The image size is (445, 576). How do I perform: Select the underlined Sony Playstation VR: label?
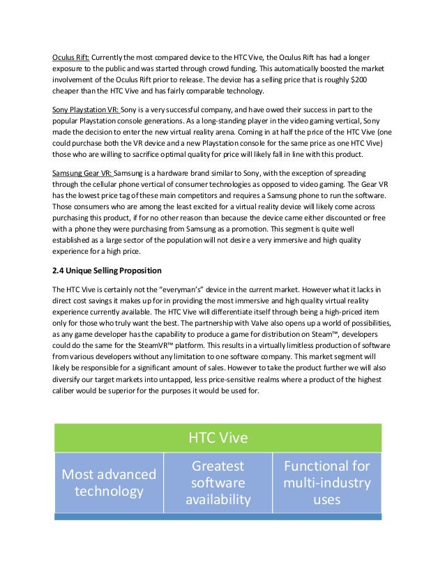86,110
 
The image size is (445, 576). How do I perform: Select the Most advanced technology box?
109,483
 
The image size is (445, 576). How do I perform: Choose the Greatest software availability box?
218,483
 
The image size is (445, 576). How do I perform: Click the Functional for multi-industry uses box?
326,483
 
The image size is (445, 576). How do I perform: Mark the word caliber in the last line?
66,390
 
